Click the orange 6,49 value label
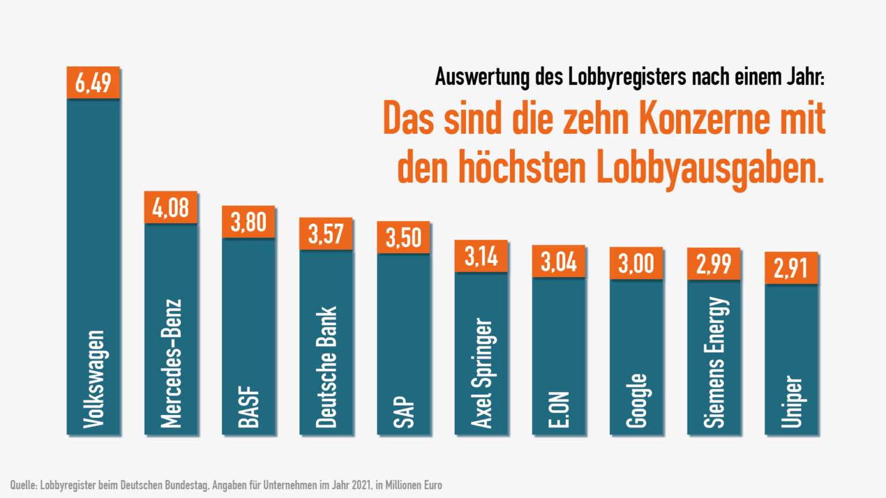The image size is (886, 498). [x=93, y=82]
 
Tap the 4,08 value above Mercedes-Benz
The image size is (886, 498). [x=170, y=207]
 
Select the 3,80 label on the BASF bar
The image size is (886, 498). [x=248, y=222]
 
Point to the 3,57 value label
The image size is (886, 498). [x=326, y=234]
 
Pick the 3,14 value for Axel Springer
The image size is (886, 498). [x=481, y=256]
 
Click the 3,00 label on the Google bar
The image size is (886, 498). [x=636, y=264]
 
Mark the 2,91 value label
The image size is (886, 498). [x=791, y=269]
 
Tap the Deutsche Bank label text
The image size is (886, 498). [x=326, y=367]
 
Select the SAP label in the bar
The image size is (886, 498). [x=404, y=412]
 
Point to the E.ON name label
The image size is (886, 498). [x=559, y=409]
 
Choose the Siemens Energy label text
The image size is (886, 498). [x=714, y=362]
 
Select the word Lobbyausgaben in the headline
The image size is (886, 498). [x=709, y=168]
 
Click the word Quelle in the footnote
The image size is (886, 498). [x=23, y=485]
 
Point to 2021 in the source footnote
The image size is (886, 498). [x=362, y=485]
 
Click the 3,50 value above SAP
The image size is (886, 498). [x=403, y=237]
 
